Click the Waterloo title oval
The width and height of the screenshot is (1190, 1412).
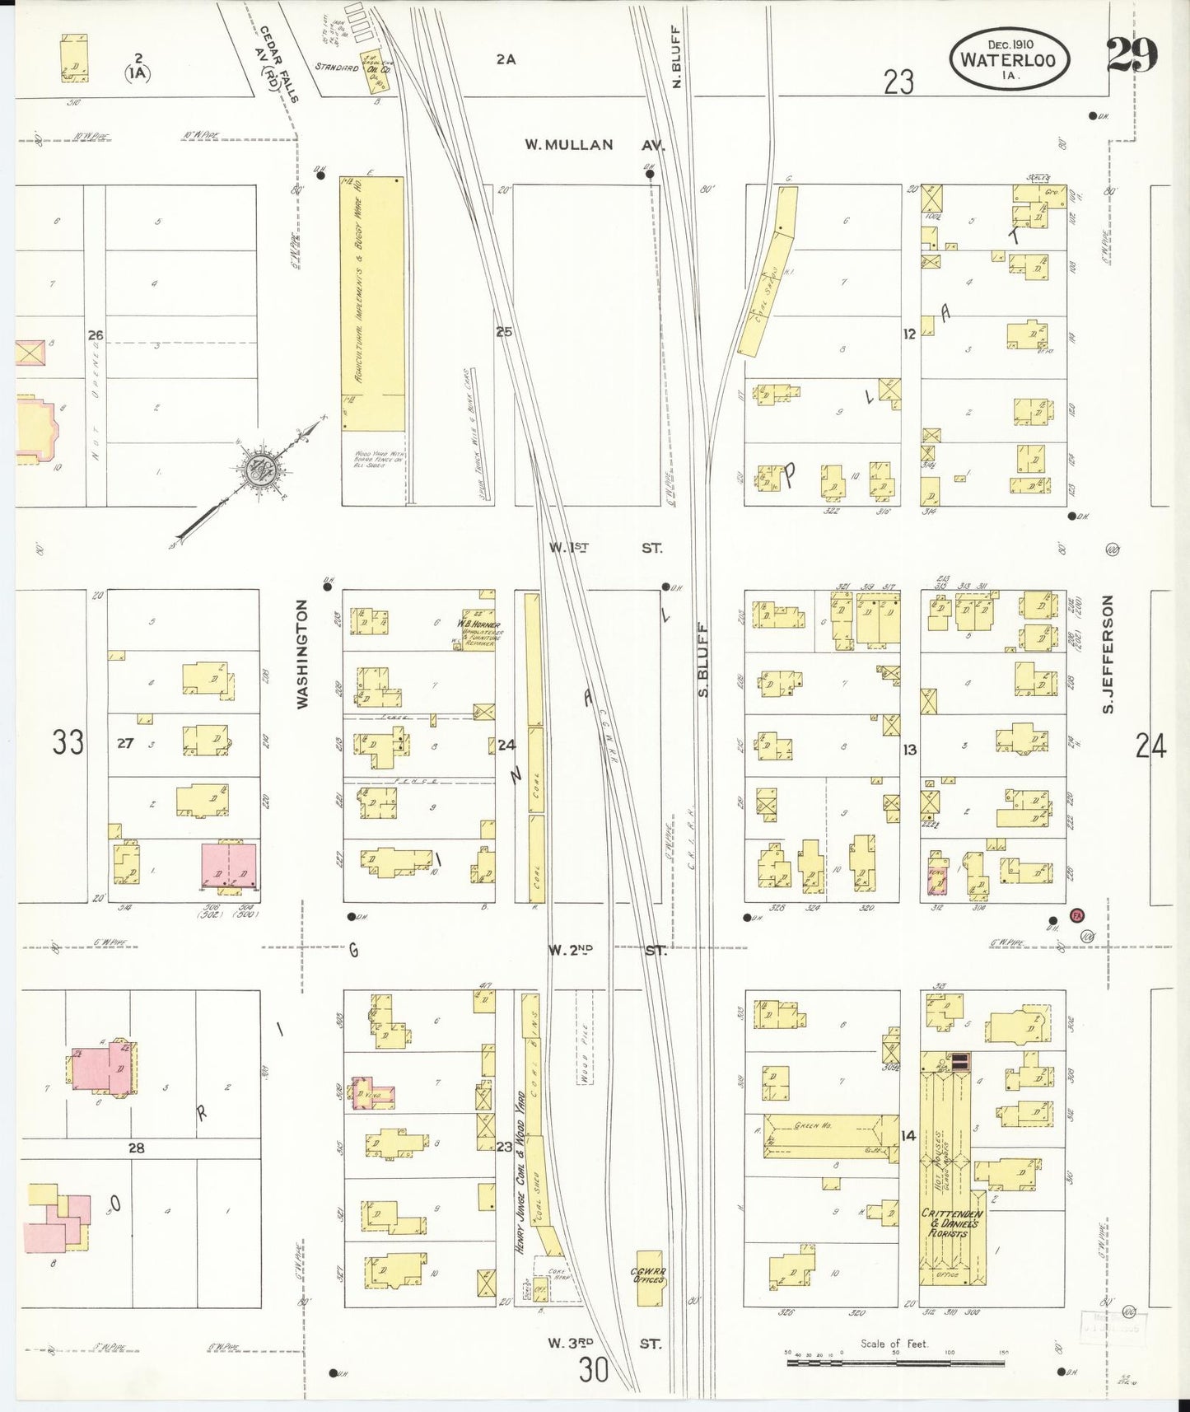(x=1012, y=59)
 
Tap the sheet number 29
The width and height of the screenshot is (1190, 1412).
(x=1131, y=56)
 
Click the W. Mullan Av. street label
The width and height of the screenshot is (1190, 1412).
(x=595, y=145)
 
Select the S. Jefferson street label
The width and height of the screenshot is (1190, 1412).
(x=1108, y=654)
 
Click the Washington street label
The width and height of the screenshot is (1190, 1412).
(x=302, y=654)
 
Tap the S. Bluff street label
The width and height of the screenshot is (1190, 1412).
(x=704, y=659)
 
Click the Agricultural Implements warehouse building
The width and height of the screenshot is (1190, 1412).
(x=372, y=303)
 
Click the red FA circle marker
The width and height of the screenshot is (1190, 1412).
(x=1076, y=915)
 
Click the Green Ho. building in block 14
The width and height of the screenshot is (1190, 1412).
(x=830, y=1137)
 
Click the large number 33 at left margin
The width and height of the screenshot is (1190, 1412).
(x=68, y=742)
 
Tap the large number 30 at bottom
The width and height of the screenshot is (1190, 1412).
(x=594, y=1371)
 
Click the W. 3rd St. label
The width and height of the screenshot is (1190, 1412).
(x=605, y=1343)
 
